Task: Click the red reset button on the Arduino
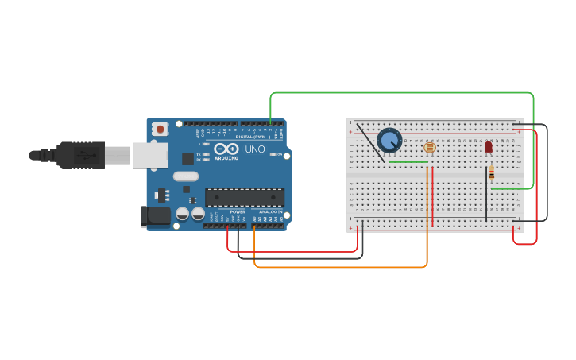point(160,128)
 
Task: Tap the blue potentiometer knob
point(389,141)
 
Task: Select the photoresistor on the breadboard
point(430,147)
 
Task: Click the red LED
point(488,147)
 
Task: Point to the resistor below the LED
point(491,173)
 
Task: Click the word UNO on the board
point(255,149)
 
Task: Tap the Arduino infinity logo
point(226,149)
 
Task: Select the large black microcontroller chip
point(244,197)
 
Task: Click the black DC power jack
point(155,215)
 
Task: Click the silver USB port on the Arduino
point(149,156)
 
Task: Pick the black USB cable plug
point(80,155)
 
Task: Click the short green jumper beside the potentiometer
point(408,162)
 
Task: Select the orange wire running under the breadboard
point(342,266)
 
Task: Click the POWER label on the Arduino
point(238,212)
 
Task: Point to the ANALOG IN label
point(269,212)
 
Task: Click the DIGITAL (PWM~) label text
point(253,137)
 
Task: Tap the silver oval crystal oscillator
point(185,176)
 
